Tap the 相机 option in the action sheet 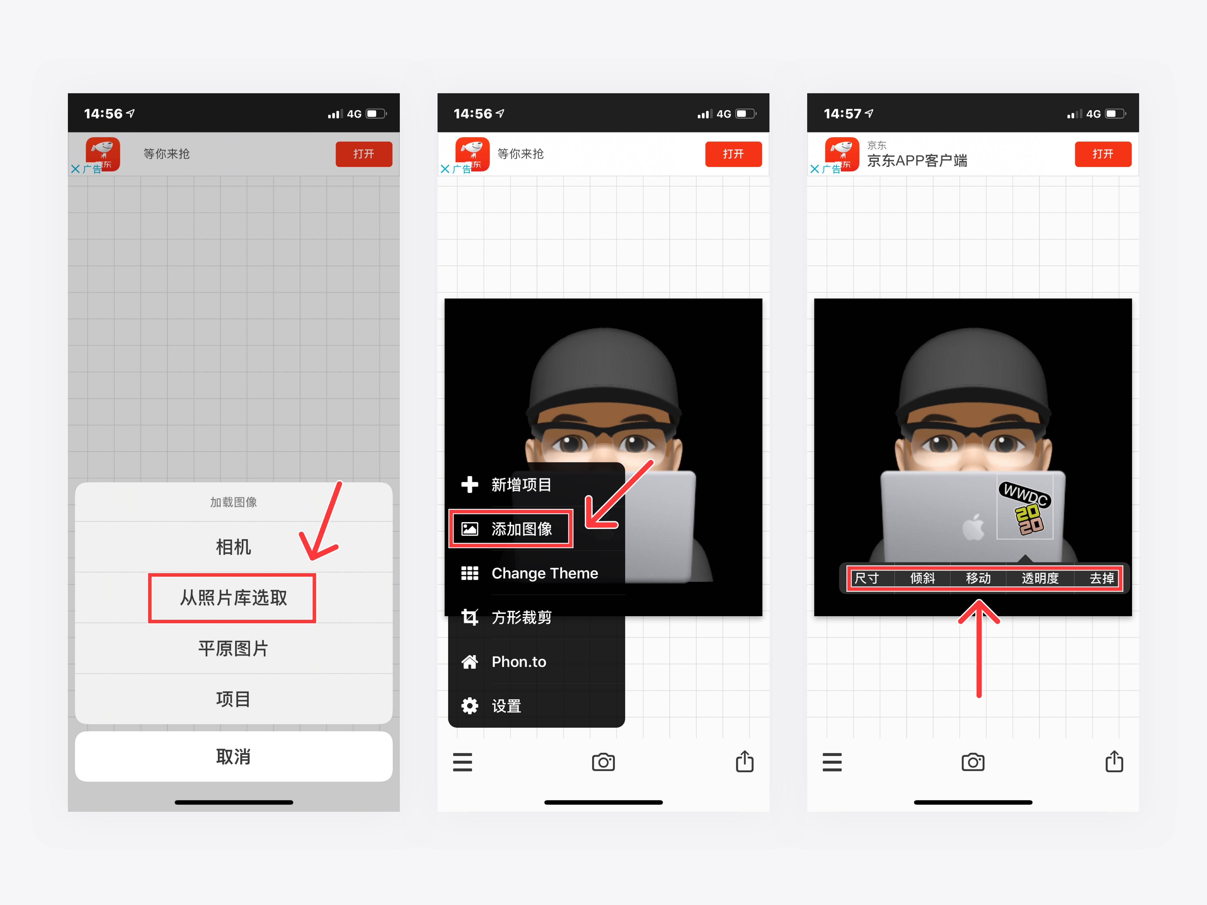click(234, 547)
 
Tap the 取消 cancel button click(234, 757)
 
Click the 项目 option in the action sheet click(234, 699)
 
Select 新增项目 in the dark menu click(521, 484)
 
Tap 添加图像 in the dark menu click(521, 529)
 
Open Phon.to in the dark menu click(518, 662)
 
